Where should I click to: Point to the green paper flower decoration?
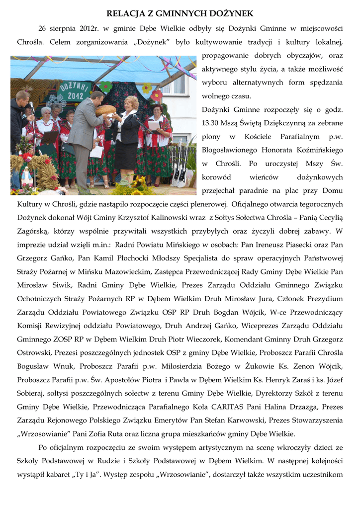106,86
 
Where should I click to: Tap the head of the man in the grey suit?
97,97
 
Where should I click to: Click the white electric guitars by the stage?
180,169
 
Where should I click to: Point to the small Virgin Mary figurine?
26,176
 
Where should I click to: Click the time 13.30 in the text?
211,122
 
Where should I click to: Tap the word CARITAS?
238,406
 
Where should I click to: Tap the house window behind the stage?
179,85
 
